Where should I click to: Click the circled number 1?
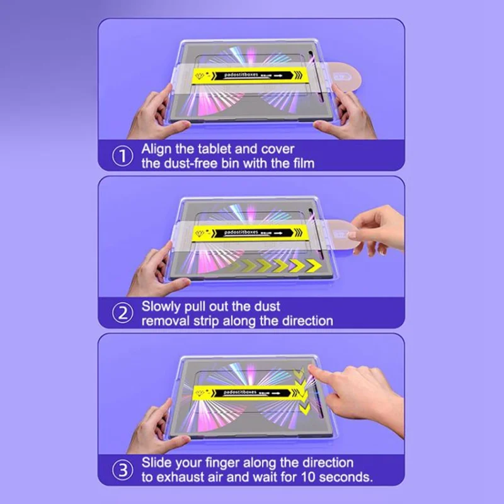(123, 156)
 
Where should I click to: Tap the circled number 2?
(123, 314)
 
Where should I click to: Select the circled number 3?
(123, 469)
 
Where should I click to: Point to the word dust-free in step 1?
(189, 164)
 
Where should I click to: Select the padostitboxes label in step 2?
(243, 232)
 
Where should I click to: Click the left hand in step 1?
(151, 110)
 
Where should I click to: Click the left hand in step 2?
(151, 268)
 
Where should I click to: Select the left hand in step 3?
(151, 425)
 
